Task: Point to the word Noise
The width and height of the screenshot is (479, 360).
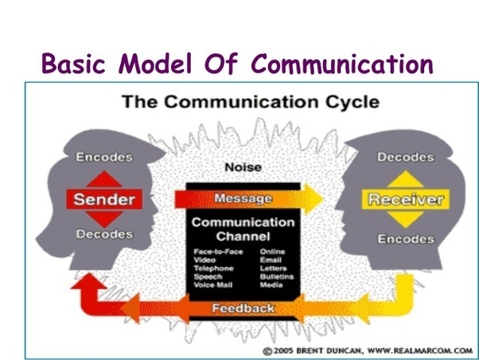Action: [x=243, y=168]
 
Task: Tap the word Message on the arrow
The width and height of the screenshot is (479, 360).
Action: [x=243, y=198]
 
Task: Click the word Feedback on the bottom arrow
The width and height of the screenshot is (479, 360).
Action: [x=243, y=307]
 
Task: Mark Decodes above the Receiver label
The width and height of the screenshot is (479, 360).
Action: [x=406, y=158]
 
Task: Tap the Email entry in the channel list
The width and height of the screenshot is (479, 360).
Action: [x=270, y=260]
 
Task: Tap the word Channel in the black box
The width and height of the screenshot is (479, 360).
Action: [x=243, y=237]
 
